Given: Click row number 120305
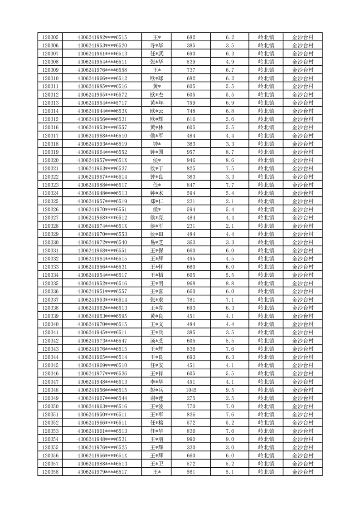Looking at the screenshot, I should coord(50,37).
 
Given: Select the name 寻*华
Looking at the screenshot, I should coord(157,45).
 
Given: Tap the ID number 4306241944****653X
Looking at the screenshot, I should coord(102,111).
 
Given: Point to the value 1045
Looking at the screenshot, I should coord(191,390).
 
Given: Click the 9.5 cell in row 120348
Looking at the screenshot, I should coord(229,390).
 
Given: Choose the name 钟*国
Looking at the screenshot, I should coord(157,152).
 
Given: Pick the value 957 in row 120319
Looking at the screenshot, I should coord(191,152).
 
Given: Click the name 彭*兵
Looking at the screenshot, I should coord(157,390).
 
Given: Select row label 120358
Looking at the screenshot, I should coord(50,472).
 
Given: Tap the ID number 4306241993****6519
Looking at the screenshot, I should coord(102,144).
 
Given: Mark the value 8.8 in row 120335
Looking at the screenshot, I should coord(229,284).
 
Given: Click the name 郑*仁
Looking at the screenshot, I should coord(157,201).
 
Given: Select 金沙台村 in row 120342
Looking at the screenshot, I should coord(302,341).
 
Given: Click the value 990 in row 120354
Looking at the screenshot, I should coord(191,439).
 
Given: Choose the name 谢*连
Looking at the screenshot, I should coord(157,398).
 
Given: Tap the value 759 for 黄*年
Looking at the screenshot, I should coord(191,103).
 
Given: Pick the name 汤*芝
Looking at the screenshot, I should coord(157,341).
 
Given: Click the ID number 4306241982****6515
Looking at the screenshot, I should coord(102,37).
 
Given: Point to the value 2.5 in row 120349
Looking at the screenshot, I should coord(229,398).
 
